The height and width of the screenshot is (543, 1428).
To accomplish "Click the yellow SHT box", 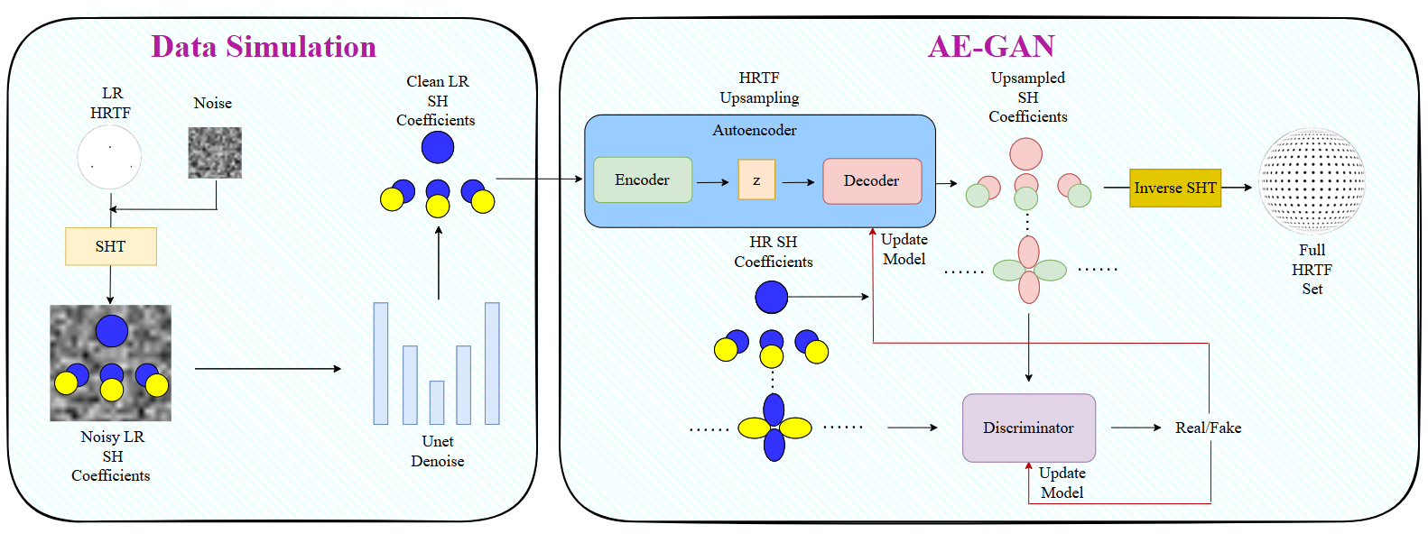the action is pos(111,246).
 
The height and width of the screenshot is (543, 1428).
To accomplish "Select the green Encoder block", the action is pos(643,180).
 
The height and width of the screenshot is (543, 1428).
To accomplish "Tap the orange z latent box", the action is pos(756,179).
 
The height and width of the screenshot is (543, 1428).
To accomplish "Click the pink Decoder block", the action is pos(872,181).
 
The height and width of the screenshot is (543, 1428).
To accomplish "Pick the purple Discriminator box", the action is pos(1029,428).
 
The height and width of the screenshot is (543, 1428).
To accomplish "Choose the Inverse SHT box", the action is pos(1175,188).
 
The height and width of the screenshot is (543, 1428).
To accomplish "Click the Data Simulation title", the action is pos(264,47).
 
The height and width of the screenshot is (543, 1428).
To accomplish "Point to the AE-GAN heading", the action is pos(991,46).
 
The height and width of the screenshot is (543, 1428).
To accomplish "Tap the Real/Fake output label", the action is pos(1208,428).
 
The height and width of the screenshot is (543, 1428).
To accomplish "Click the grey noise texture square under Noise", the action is pos(215,153).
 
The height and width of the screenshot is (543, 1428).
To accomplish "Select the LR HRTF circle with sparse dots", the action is pos(109,157).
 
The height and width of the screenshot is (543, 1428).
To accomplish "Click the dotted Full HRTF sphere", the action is pos(1312,181).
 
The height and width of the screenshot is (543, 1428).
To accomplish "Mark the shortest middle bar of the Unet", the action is pos(437,403).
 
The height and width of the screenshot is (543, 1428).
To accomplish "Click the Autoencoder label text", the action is pos(755,130).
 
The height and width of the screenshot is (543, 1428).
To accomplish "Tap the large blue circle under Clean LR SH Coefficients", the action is pos(438,147).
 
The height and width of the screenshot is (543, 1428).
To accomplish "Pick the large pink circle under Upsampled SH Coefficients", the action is pos(1025,154).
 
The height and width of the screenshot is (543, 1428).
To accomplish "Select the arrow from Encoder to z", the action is pos(713,182).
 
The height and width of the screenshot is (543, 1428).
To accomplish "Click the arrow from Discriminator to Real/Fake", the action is pos(1136,428).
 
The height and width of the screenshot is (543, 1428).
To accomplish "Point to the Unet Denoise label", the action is pos(437,451).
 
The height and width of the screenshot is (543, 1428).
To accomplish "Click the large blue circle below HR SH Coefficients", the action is pos(772,297).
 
